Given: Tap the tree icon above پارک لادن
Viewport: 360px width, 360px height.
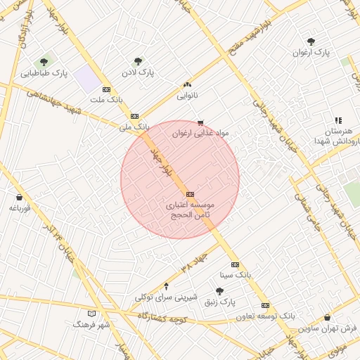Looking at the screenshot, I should coord(138,61).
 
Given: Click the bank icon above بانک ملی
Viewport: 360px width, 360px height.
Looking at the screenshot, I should coord(134,116).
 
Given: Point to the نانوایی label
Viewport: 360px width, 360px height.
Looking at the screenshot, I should coord(187,94).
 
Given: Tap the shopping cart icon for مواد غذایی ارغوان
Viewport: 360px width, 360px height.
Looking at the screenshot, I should coord(201,122).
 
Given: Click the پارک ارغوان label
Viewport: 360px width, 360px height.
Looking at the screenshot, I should coord(311,52).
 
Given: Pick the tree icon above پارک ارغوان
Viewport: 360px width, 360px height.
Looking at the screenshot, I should coord(311,41).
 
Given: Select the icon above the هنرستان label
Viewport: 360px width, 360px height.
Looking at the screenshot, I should coord(338,121).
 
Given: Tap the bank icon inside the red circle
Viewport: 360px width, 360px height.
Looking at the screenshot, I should coord(189,194).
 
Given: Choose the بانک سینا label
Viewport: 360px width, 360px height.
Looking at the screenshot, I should coord(234,274).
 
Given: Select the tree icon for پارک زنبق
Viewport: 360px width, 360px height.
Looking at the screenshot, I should coord(219,291).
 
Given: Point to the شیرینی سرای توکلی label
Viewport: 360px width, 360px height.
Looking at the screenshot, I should coord(166,297).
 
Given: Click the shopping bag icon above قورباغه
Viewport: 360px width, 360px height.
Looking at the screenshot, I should coord(18,197).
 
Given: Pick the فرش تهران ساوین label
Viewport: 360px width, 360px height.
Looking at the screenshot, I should coord(328,328).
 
